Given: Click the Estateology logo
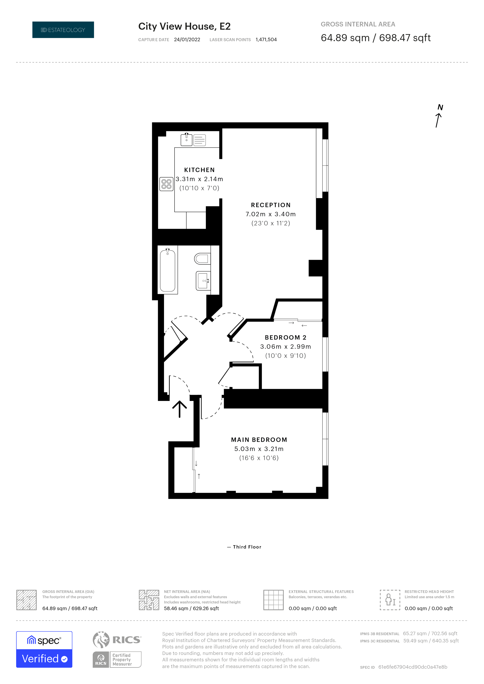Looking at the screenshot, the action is [x=63, y=30].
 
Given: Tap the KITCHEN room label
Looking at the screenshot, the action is [x=199, y=170].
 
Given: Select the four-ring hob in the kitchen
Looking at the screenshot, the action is [x=166, y=184].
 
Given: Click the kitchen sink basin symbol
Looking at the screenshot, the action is [x=187, y=140].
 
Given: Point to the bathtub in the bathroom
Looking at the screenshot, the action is [x=167, y=271].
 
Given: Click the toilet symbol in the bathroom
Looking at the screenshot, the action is [x=202, y=259].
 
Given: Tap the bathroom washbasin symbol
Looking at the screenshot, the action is [x=203, y=281].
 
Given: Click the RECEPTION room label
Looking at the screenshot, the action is [x=271, y=205].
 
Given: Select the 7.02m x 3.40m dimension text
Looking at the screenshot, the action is [x=271, y=214].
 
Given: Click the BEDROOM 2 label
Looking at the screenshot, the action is [x=285, y=338].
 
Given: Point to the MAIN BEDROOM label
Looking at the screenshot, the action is [x=259, y=440].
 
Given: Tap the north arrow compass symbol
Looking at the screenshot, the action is [x=439, y=116].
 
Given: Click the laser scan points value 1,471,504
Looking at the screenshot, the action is [x=266, y=40].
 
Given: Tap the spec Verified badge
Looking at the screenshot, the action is [x=44, y=649].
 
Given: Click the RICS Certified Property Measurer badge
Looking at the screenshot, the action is [x=117, y=649].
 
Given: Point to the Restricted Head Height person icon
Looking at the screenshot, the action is [x=390, y=600].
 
